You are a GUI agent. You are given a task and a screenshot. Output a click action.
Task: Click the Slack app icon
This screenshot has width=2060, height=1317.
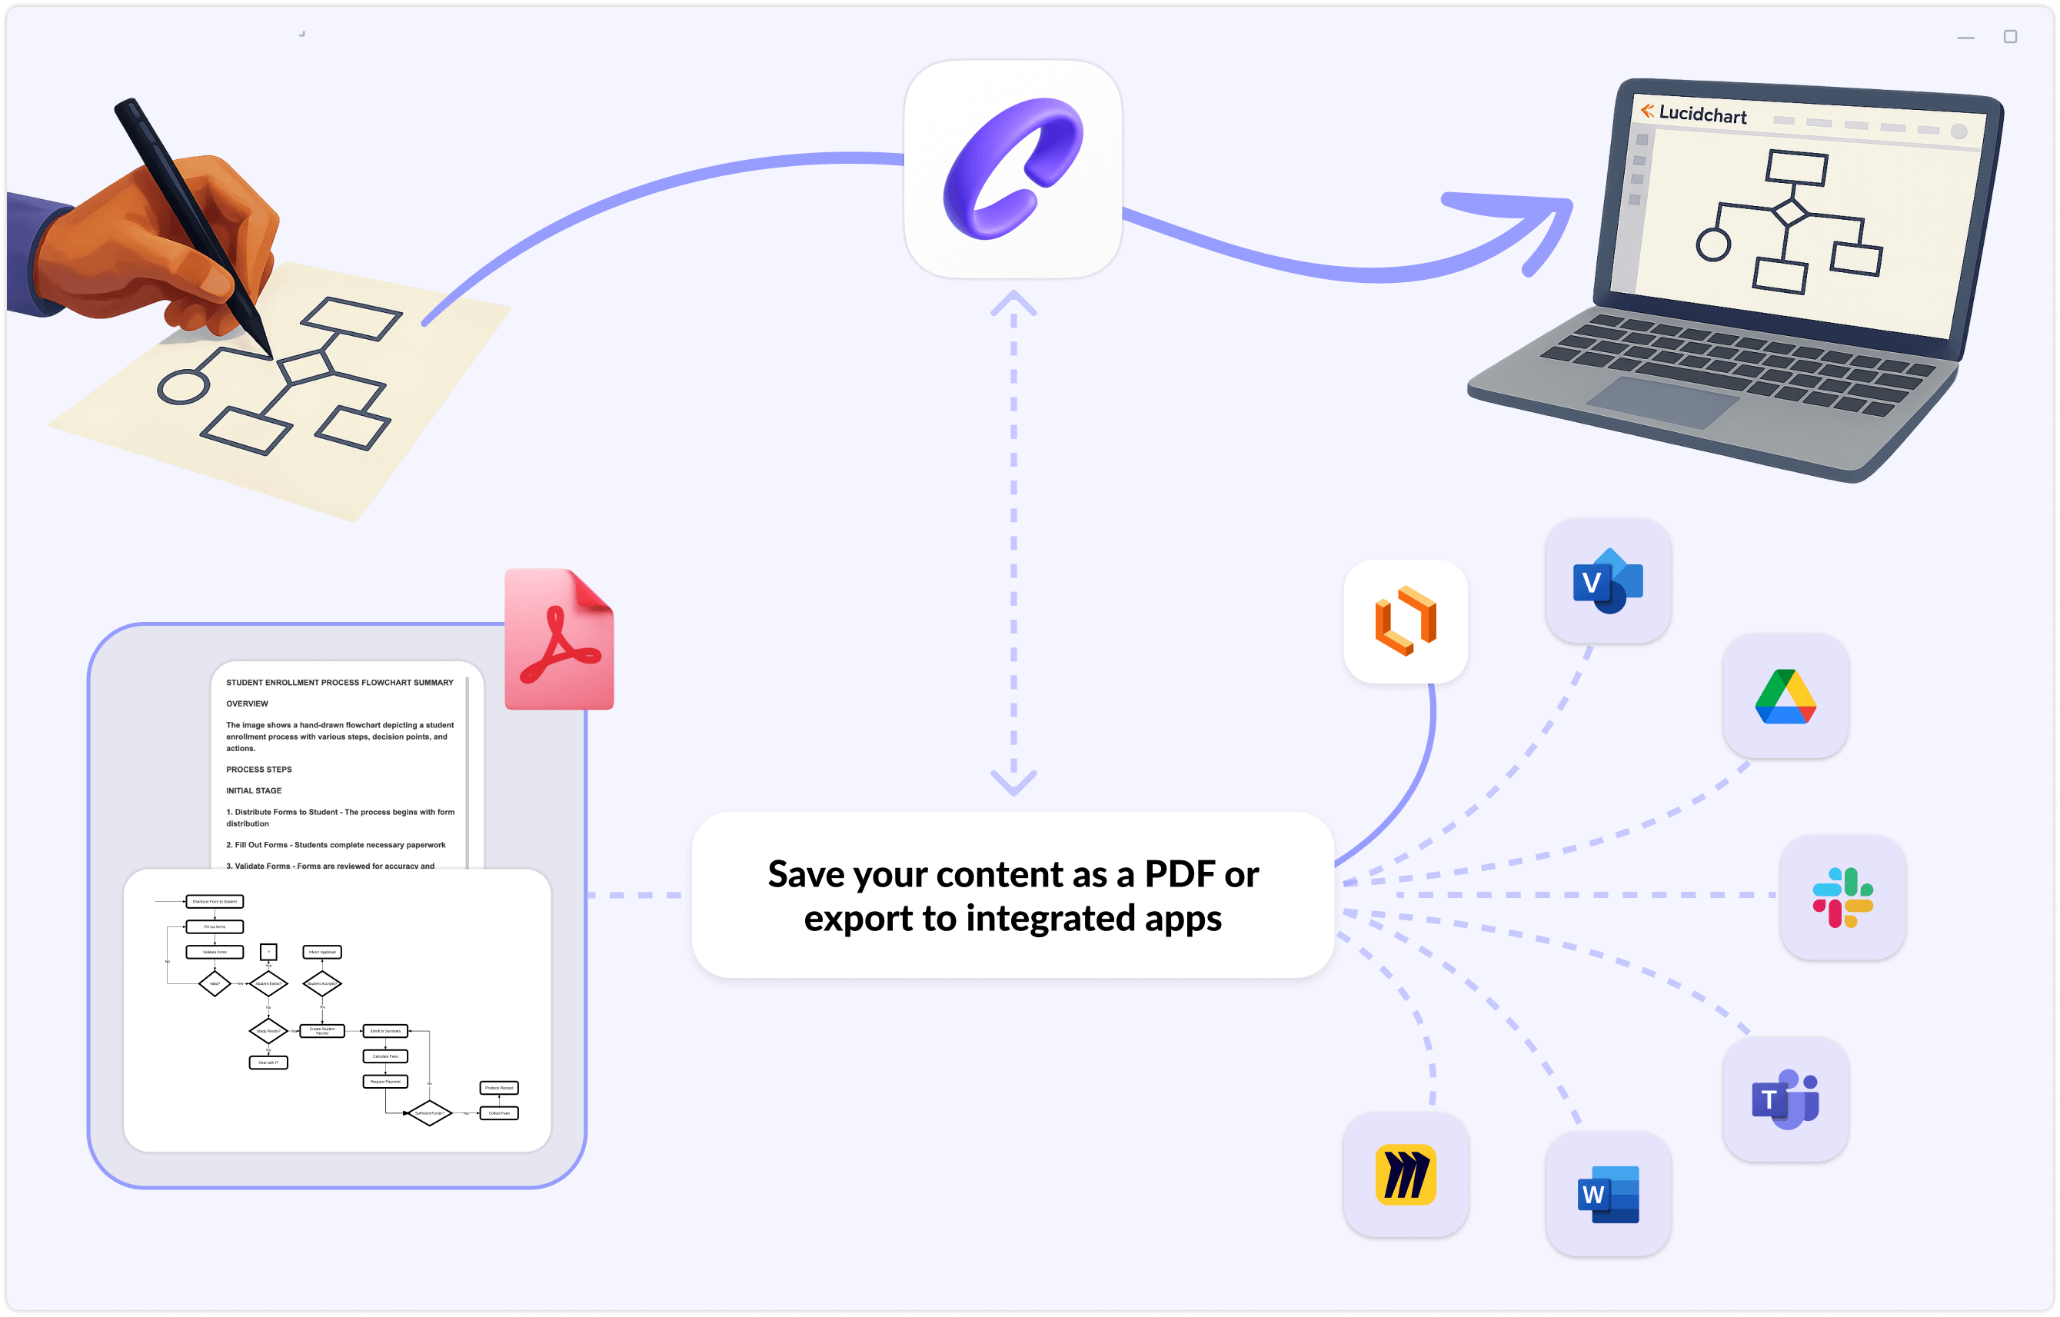[1842, 897]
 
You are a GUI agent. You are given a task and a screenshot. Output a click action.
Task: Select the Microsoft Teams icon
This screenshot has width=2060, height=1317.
[1785, 1099]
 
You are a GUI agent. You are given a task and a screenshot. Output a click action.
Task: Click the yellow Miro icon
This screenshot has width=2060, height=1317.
[1406, 1174]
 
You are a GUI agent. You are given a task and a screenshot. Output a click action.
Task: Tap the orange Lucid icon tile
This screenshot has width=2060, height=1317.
[1406, 621]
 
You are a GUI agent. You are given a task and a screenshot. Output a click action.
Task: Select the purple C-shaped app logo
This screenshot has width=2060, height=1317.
[1013, 168]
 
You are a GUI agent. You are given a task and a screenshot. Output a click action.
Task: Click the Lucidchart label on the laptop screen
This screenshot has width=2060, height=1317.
[1702, 114]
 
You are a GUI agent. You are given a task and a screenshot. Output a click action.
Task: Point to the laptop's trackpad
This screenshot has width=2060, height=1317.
[1663, 402]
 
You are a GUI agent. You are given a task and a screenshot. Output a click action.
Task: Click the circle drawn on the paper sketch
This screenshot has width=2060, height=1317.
[183, 387]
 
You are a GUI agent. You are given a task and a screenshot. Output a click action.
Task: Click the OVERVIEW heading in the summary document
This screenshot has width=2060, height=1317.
[248, 703]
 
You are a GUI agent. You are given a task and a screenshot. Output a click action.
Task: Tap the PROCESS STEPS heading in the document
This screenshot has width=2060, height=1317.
[258, 770]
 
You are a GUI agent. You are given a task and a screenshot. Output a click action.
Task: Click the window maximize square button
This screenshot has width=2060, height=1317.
[2010, 37]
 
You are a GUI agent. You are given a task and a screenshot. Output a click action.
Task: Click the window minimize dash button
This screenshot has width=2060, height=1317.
[1966, 38]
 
